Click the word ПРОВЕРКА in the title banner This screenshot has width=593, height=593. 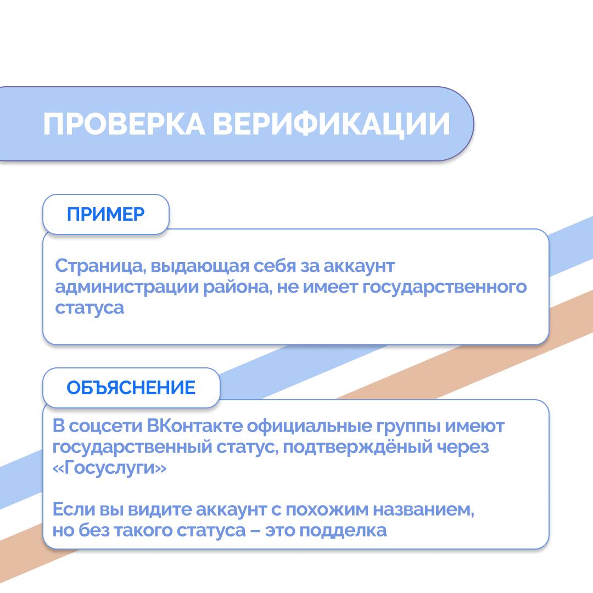tap(124, 124)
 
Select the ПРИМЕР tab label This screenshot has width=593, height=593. tap(105, 215)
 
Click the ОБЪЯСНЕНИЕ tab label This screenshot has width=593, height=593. tap(131, 388)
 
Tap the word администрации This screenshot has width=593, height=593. tap(127, 287)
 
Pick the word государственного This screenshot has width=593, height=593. tap(444, 287)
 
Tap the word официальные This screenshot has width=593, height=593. tap(309, 427)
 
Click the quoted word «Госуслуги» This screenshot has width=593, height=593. tap(109, 468)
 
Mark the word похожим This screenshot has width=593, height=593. tap(327, 510)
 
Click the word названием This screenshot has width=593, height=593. tap(423, 510)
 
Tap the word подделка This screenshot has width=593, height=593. tap(343, 530)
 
